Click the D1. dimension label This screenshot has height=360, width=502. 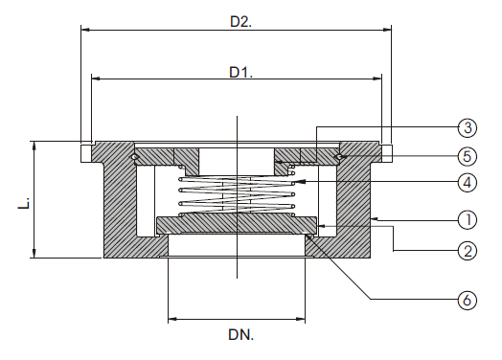[x=240, y=72]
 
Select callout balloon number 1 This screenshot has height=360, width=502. [x=467, y=220]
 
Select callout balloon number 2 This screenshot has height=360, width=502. [x=467, y=252]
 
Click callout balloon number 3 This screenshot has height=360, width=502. [x=467, y=127]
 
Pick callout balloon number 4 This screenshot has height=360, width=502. [x=467, y=181]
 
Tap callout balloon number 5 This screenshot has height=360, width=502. [x=467, y=154]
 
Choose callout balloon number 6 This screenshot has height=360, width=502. [x=467, y=301]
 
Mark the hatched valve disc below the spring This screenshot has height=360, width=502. [x=237, y=224]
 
